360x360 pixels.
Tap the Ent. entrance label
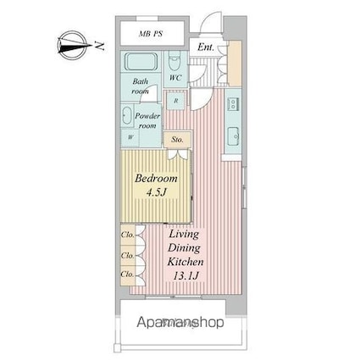(206, 47)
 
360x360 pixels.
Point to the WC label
(175, 79)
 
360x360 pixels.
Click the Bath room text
(141, 86)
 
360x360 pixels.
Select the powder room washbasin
(126, 117)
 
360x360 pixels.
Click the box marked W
(130, 137)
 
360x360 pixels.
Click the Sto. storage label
(177, 139)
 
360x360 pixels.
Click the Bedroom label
(157, 180)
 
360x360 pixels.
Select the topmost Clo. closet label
(127, 234)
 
